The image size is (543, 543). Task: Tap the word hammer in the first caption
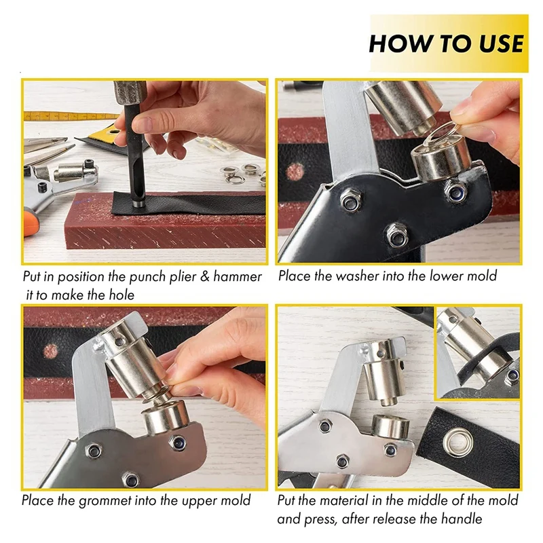(237, 277)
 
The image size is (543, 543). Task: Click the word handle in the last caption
(462, 519)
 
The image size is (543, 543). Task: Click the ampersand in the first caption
(205, 277)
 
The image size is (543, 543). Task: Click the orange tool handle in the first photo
(31, 222)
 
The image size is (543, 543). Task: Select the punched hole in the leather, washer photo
(295, 172)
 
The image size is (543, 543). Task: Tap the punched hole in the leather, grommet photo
(50, 351)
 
